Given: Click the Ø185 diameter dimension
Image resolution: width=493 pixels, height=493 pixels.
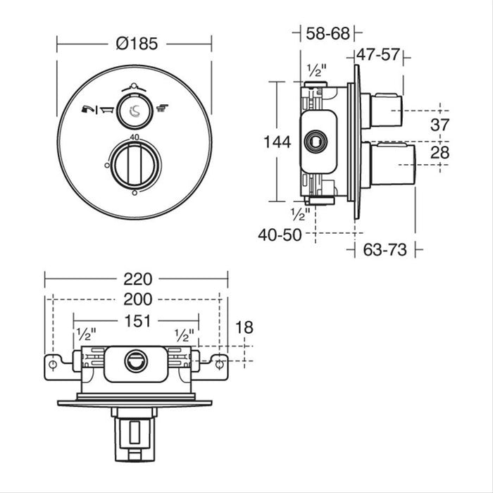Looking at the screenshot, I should point(134,43).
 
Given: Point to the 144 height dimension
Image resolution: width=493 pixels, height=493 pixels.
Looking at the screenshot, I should point(277,142).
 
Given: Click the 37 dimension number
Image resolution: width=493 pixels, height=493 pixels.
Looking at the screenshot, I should point(460,125).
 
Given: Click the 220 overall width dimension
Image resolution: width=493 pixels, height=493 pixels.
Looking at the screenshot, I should point(137,279).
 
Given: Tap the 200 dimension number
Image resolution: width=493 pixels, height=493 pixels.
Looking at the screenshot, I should point(137,299).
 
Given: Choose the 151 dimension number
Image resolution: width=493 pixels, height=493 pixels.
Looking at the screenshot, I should point(137,321).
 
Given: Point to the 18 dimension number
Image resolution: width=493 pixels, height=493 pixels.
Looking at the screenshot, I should point(244,327).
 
